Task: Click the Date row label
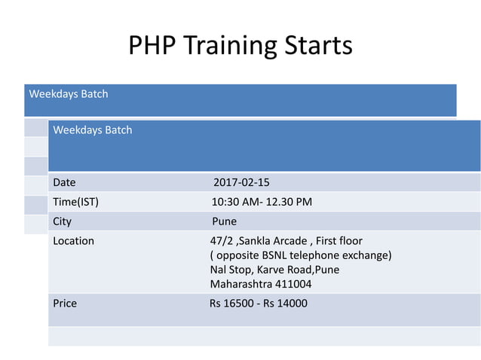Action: pyautogui.click(x=64, y=182)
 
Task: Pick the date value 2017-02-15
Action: pyautogui.click(x=241, y=182)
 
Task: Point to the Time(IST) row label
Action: pyautogui.click(x=75, y=202)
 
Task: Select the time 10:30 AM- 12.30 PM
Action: pyautogui.click(x=262, y=202)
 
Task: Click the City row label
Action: pyautogui.click(x=62, y=221)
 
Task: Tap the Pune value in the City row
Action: pyautogui.click(x=224, y=221)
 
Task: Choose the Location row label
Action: pyautogui.click(x=73, y=241)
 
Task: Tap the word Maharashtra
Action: pyautogui.click(x=241, y=284)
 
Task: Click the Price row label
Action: pyautogui.click(x=65, y=304)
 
